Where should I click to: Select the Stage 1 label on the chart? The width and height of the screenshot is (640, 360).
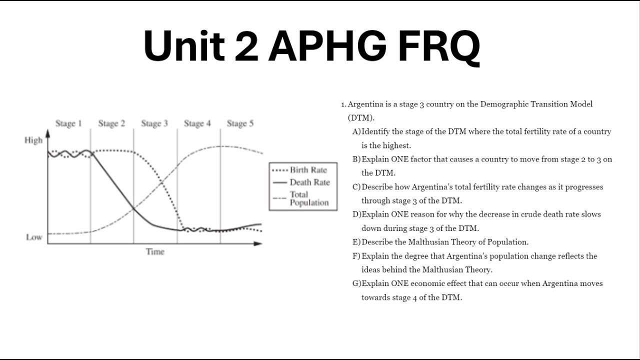pyautogui.click(x=68, y=123)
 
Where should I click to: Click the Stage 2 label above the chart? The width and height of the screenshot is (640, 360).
pyautogui.click(x=111, y=123)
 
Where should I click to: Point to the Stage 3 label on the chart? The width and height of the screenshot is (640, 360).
pyautogui.click(x=154, y=123)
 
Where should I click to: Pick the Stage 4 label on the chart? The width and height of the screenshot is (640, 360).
pyautogui.click(x=197, y=123)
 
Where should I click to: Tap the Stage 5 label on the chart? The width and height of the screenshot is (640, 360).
pyautogui.click(x=240, y=123)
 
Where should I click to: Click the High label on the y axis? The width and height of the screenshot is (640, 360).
pyautogui.click(x=33, y=140)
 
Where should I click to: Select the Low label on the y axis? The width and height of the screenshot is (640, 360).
pyautogui.click(x=34, y=237)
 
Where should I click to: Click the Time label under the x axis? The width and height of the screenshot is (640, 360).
pyautogui.click(x=155, y=251)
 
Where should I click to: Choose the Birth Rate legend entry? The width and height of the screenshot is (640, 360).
pyautogui.click(x=308, y=170)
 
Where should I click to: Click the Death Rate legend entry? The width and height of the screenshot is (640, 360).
pyautogui.click(x=309, y=182)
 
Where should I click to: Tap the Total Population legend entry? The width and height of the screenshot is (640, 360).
pyautogui.click(x=309, y=198)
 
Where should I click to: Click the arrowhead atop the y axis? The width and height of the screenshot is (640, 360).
pyautogui.click(x=48, y=133)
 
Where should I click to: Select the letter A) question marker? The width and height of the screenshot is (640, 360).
pyautogui.click(x=356, y=132)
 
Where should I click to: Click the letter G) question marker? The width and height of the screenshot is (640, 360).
pyautogui.click(x=356, y=283)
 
